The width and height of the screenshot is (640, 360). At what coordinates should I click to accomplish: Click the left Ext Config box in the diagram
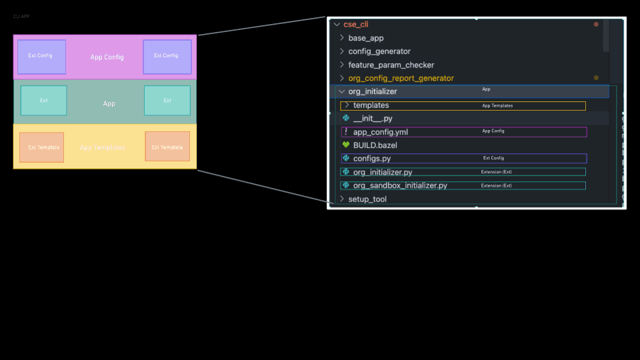(41, 57)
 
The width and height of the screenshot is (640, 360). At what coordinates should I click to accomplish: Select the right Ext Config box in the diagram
(167, 57)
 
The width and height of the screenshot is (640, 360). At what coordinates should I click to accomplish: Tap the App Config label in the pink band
(107, 57)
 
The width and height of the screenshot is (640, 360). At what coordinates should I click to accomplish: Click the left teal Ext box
(43, 101)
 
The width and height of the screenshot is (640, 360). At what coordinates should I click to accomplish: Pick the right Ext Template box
(167, 147)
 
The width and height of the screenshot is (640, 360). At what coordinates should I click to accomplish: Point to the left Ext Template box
(41, 147)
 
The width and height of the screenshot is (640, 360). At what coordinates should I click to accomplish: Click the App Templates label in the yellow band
(102, 147)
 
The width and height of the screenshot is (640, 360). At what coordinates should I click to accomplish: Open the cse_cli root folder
(356, 24)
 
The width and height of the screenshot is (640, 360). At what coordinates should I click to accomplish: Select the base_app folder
(365, 38)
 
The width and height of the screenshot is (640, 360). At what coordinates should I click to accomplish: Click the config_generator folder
(379, 51)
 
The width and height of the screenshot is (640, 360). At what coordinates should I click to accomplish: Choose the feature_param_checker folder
(391, 65)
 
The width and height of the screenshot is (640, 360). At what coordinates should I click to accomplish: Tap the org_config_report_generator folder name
(401, 78)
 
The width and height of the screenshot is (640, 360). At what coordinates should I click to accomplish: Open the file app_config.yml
(380, 132)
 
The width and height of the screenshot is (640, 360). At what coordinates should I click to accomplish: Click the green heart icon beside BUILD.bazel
(345, 145)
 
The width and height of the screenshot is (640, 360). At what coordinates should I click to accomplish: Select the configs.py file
(371, 159)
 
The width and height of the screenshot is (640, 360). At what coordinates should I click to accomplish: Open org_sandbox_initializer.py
(400, 185)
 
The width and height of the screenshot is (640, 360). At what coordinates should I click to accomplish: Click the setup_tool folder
(367, 199)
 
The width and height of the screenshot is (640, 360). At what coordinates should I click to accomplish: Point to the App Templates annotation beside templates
(497, 105)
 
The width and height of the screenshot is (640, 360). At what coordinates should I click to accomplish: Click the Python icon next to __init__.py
(345, 118)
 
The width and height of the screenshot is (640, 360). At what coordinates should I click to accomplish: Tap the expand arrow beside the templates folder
(346, 105)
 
